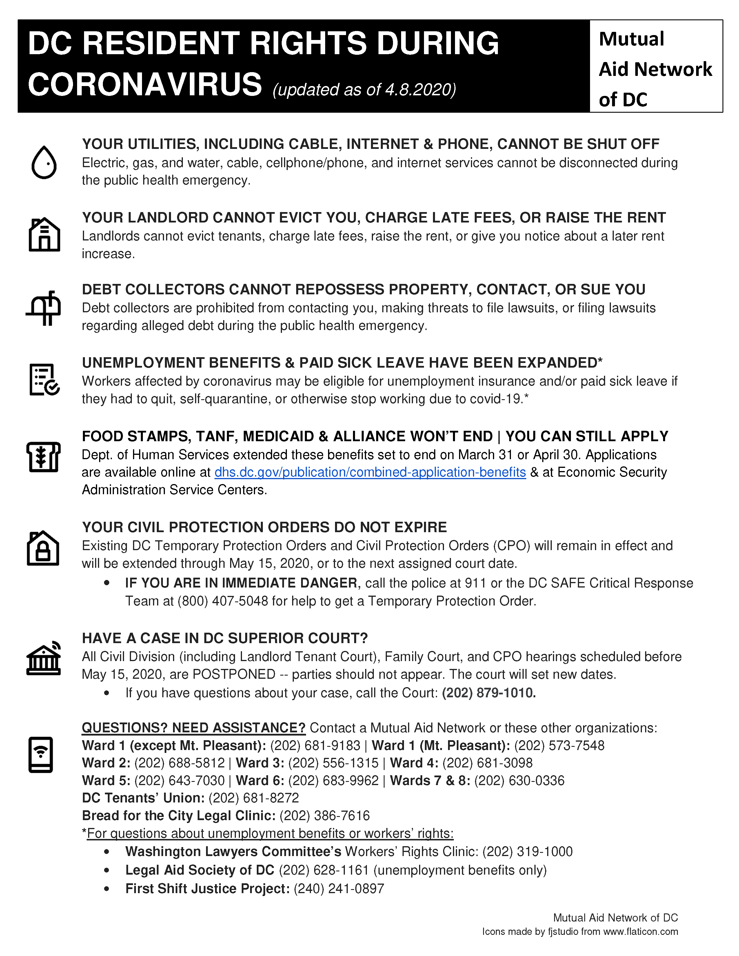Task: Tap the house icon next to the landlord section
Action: click(44, 235)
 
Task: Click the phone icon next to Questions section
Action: click(41, 755)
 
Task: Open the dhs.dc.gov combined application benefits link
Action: click(370, 472)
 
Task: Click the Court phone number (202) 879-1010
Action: click(489, 693)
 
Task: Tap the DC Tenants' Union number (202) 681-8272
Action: click(254, 798)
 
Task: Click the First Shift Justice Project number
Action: click(339, 889)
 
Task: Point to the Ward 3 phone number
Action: click(333, 763)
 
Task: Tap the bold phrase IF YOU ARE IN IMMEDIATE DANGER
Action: click(241, 583)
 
